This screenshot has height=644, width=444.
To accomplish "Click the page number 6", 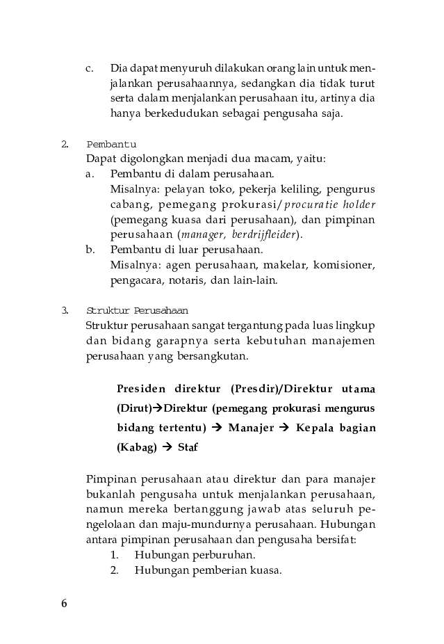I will coord(64,604).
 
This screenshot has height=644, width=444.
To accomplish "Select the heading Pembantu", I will coord(110,144).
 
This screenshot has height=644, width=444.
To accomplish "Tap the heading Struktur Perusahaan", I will coord(137,310).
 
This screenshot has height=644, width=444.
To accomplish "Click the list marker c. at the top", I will coord(90,69).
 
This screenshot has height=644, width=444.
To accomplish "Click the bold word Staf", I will coord(188,448).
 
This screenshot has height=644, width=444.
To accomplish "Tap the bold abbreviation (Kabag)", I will coord(136,448).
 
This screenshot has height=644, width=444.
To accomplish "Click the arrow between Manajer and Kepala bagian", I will coord(284,428).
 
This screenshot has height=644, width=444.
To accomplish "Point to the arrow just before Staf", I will coord(167,448).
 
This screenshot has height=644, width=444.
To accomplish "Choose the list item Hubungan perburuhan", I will coord(195,556).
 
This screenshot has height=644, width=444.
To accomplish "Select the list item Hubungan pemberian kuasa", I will coord(208,571).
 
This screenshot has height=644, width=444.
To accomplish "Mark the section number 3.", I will coord(64,310).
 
